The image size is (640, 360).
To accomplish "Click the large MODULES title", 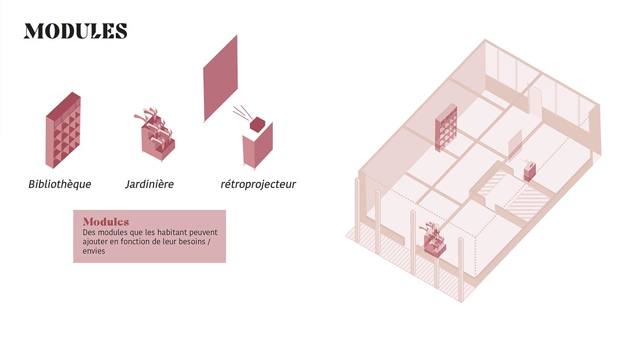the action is click(75, 31).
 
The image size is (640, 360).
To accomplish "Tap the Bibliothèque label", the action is click(59, 184).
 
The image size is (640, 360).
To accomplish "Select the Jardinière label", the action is click(149, 184).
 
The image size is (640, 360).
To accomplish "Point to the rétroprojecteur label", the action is click(258, 184).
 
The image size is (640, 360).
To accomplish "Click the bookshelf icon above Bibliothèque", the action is click(63, 131).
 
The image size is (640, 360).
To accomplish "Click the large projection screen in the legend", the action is click(221, 79).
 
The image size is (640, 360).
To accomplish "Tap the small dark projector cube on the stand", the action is click(257, 123).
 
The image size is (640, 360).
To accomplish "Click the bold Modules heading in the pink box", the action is click(106, 222).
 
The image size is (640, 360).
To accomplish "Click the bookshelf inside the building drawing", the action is click(446, 128).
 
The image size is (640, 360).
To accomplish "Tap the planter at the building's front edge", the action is click(434, 240).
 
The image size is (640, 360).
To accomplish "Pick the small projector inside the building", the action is click(529, 170).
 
